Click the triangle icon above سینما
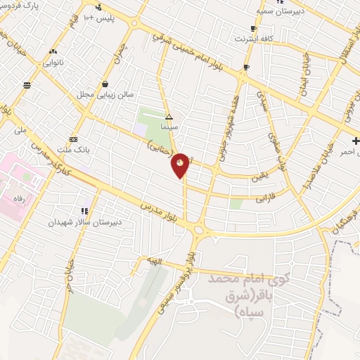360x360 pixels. (x=168, y=117)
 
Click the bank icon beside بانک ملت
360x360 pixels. (x=73, y=139)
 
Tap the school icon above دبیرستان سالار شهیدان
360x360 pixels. (x=85, y=211)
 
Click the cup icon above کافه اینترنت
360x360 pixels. (x=253, y=29)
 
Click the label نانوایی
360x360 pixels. (x=53, y=63)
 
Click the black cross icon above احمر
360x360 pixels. (x=356, y=141)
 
